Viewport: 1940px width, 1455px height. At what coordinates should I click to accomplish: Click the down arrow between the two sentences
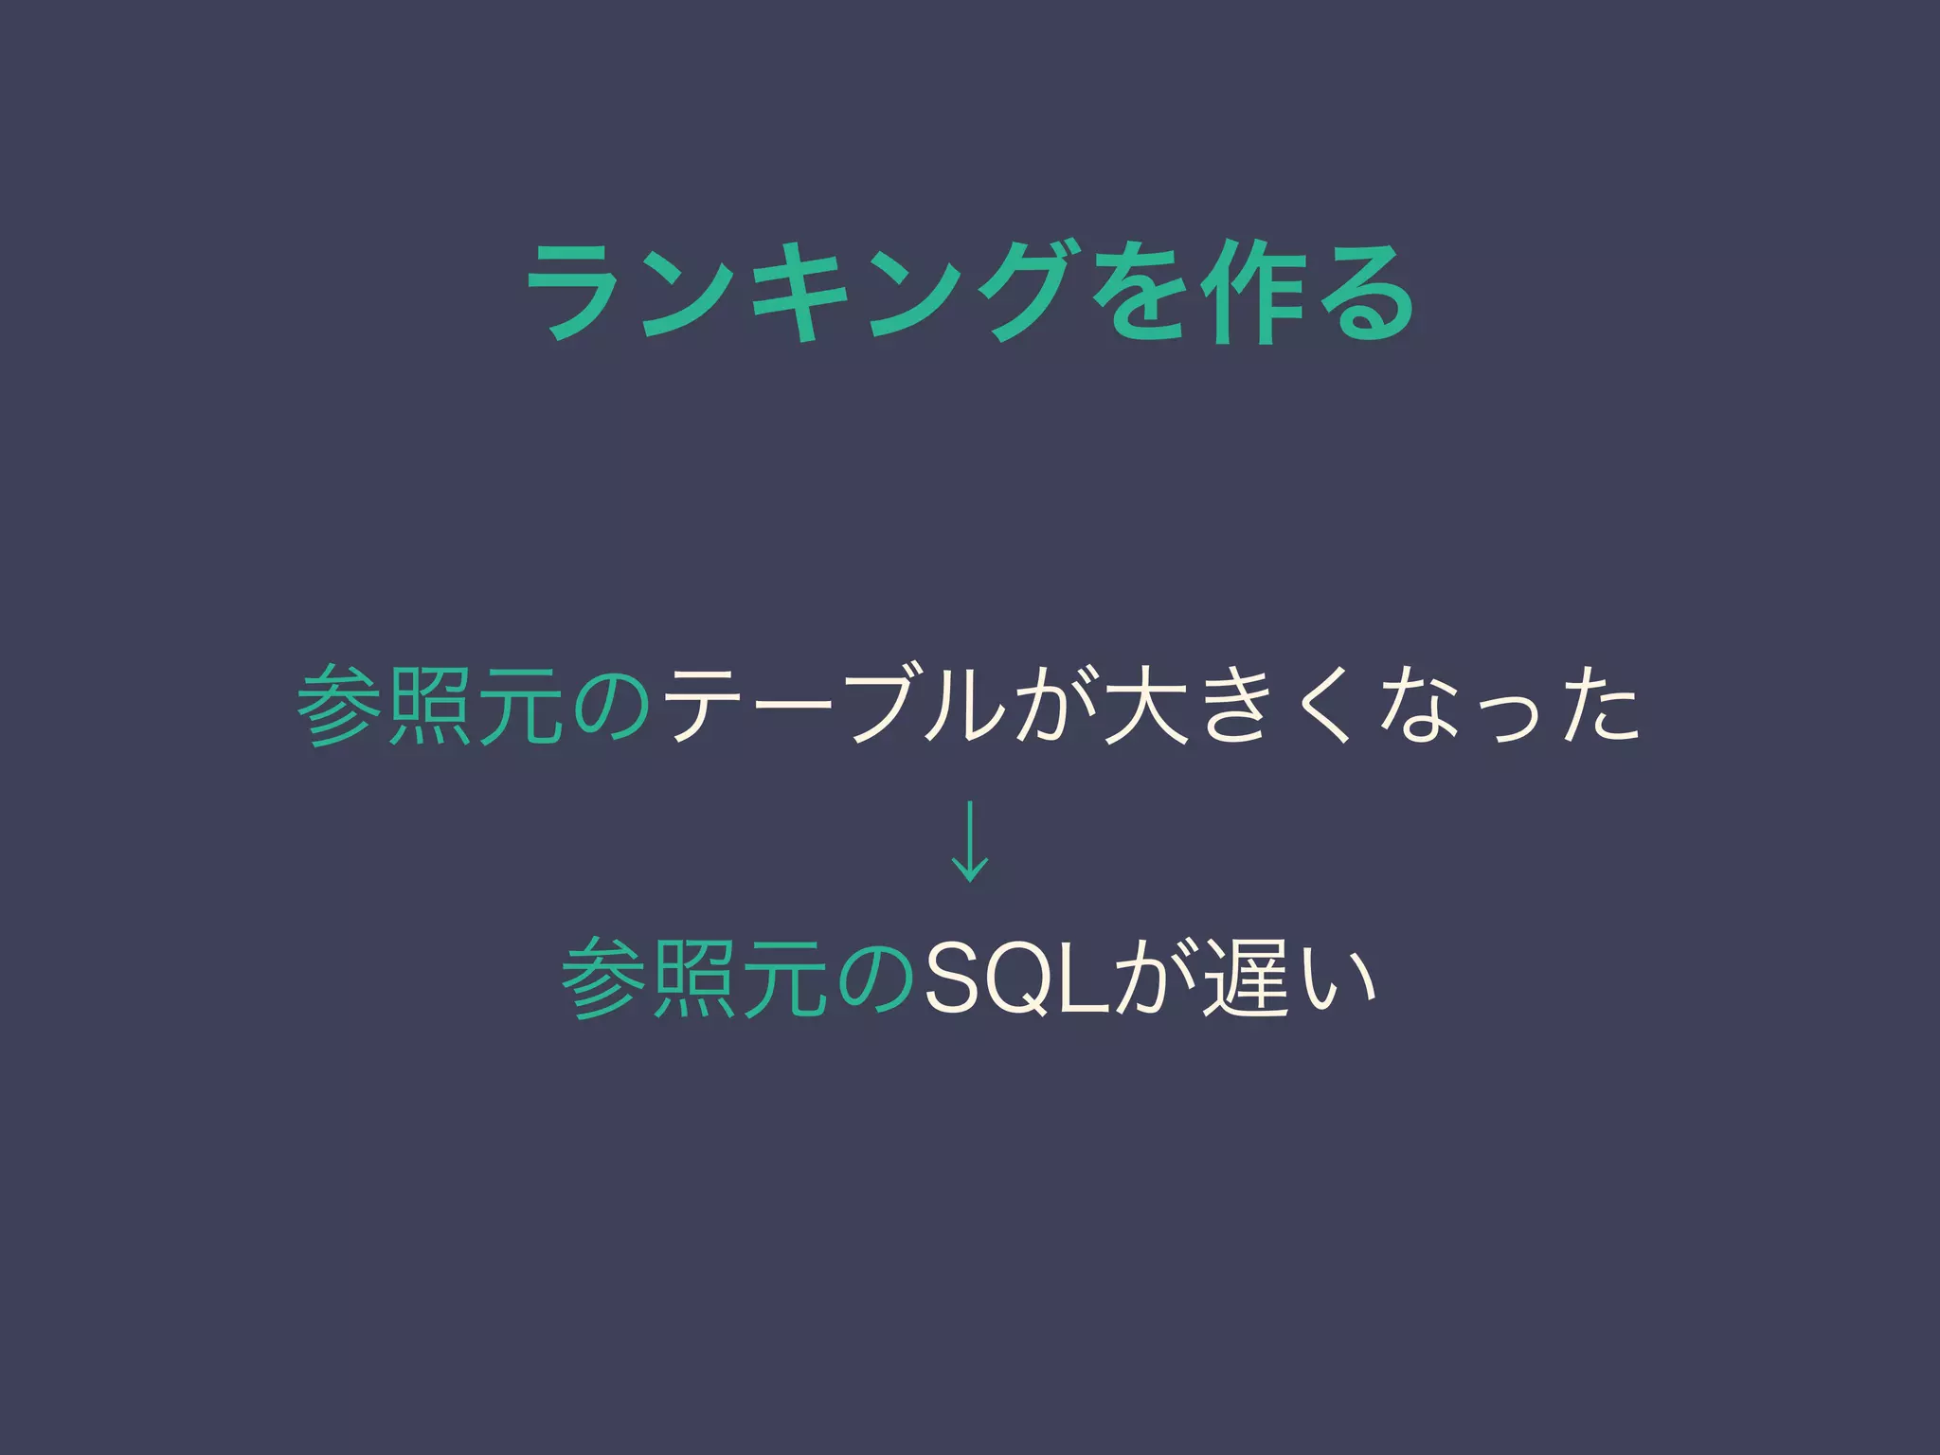(969, 840)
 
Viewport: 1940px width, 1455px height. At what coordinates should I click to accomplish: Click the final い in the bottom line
(1337, 979)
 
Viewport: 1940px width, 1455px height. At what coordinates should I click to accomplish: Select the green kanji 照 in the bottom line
(693, 979)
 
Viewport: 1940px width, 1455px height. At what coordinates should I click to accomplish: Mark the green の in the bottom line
(876, 979)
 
